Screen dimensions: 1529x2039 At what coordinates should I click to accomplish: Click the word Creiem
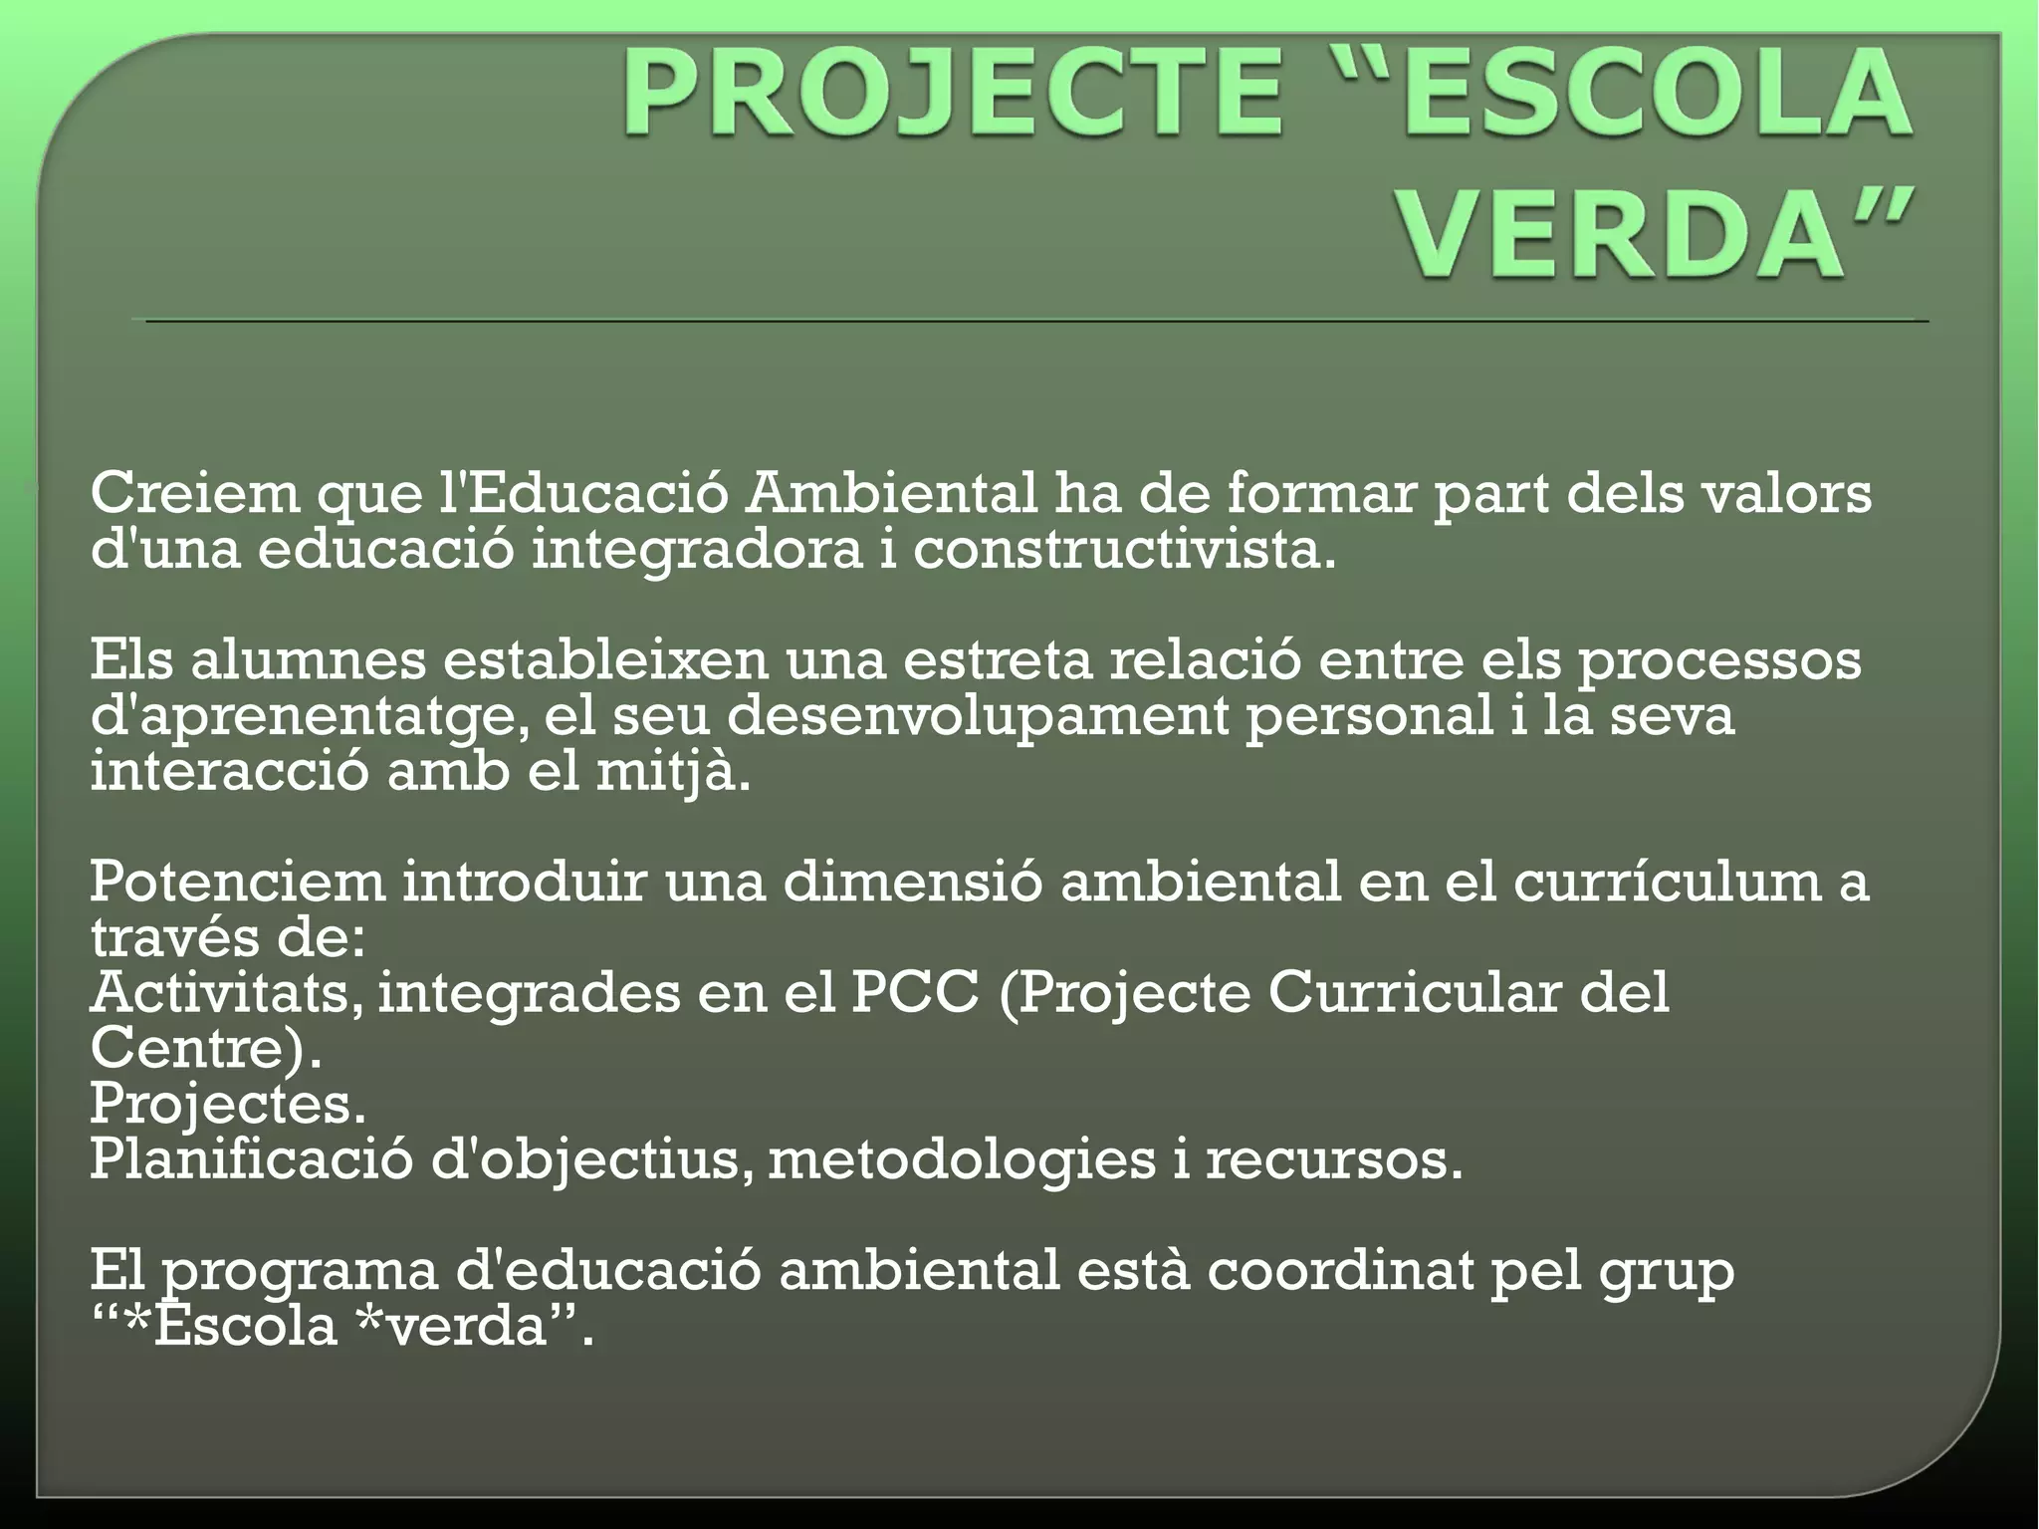(194, 494)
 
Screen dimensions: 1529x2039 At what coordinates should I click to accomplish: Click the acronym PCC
(914, 994)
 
